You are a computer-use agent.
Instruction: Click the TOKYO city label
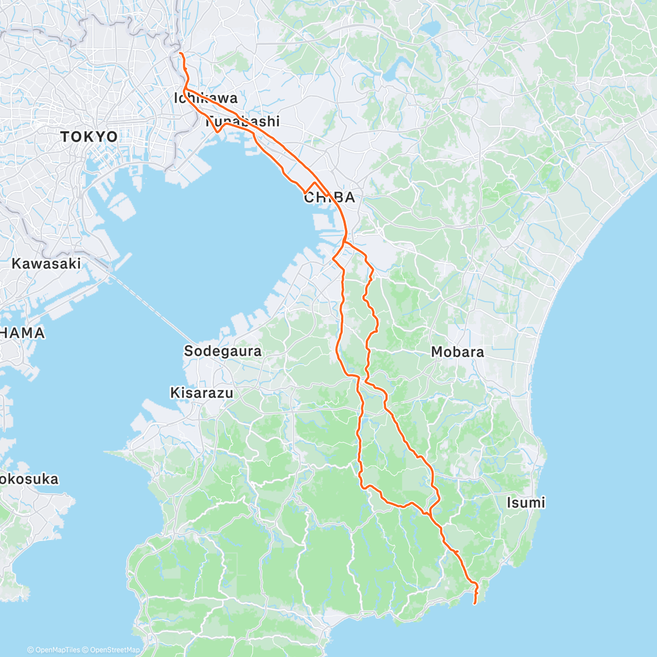[x=89, y=136]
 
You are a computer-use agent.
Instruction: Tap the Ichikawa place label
[x=206, y=98]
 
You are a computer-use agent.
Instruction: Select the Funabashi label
[x=243, y=121]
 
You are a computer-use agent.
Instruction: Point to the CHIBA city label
[x=330, y=198]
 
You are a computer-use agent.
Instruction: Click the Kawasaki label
[x=46, y=263]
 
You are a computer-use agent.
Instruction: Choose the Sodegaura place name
[x=223, y=351]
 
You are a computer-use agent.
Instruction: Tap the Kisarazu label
[x=201, y=393]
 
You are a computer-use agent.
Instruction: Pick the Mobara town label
[x=458, y=351]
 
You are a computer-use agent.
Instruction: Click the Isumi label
[x=526, y=502]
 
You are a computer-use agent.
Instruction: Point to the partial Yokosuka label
[x=28, y=479]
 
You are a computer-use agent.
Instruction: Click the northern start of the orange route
[x=180, y=53]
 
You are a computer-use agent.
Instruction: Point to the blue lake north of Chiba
[x=433, y=27]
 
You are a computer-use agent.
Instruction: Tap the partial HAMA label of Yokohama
[x=22, y=332]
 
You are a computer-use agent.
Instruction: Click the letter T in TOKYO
[x=65, y=136]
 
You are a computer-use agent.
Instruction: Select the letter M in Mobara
[x=437, y=351]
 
